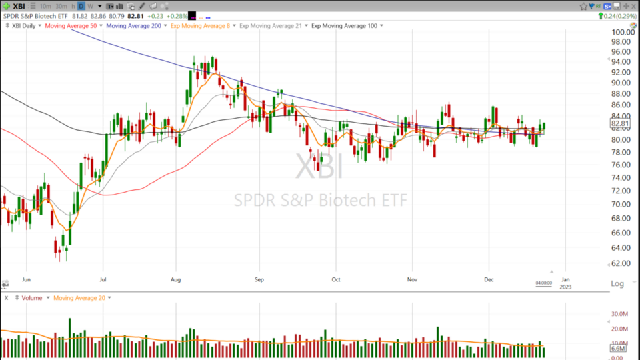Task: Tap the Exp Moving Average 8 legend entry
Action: click(199, 25)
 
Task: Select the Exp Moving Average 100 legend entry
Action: click(344, 25)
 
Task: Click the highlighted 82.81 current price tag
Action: click(619, 123)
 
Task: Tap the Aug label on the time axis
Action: click(176, 280)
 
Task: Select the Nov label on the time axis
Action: click(413, 280)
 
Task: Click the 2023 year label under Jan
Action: click(565, 287)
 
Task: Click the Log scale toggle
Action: click(617, 284)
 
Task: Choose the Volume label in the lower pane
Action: click(32, 298)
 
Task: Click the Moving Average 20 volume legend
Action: click(79, 298)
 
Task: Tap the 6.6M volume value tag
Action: click(617, 349)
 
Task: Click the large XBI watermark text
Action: click(319, 167)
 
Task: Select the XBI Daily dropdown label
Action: click(24, 25)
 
